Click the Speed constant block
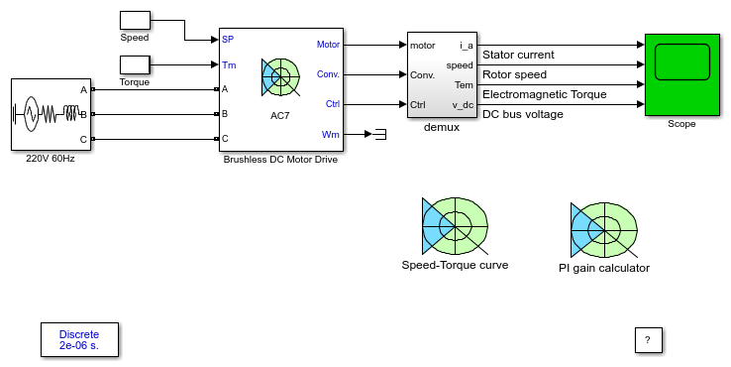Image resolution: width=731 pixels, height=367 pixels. coord(135,21)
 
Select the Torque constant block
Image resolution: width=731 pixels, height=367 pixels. coord(135,64)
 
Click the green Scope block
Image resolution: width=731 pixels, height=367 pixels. coord(682,74)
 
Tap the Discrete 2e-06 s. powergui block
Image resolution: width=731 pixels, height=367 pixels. coord(79,339)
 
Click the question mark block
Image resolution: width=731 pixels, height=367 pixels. coord(648,340)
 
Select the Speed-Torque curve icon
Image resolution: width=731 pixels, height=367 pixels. coord(455,226)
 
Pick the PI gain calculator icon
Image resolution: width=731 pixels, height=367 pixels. coord(604,230)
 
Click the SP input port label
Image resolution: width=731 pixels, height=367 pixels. coord(228,40)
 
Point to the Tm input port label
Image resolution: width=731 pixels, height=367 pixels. coord(229,64)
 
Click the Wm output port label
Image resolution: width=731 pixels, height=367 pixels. coord(331,135)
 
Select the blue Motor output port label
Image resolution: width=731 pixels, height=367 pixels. coord(328,45)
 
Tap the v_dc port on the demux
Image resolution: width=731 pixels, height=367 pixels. coord(463,105)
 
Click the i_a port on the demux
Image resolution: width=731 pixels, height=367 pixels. coord(467,46)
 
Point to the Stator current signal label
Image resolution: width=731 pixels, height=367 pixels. coord(518,55)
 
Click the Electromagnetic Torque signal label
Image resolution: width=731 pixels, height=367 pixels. coord(545,94)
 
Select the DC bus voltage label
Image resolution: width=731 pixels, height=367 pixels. coord(523,114)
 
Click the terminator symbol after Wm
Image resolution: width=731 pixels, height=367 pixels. coord(380,135)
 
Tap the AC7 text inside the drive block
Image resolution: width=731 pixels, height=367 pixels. coord(279,116)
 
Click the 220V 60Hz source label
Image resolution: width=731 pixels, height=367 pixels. coord(51,159)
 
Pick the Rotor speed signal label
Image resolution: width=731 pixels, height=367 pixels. coord(514,74)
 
